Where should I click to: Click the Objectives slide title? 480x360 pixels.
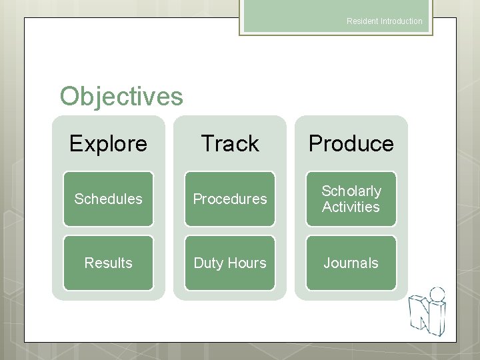[x=121, y=97]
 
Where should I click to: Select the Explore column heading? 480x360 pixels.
[x=108, y=143]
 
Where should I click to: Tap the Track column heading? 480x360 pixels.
[x=229, y=143]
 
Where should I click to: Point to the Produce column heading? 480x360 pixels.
[x=351, y=143]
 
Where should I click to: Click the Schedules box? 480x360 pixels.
[x=108, y=199]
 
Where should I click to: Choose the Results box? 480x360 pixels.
[x=108, y=263]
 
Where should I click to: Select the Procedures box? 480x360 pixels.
[x=229, y=199]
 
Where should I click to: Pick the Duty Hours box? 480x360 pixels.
[x=229, y=263]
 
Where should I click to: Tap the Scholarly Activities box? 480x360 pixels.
[x=351, y=199]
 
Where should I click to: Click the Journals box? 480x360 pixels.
[x=351, y=263]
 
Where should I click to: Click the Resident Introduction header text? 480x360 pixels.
[x=384, y=21]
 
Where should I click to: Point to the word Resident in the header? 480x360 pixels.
[x=362, y=21]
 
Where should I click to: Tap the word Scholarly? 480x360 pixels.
[x=351, y=191]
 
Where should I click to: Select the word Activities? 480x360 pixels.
[x=351, y=207]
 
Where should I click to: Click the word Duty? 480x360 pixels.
[x=208, y=263]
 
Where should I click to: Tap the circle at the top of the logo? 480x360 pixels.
[x=437, y=294]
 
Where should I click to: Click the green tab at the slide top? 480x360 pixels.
[x=335, y=17]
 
